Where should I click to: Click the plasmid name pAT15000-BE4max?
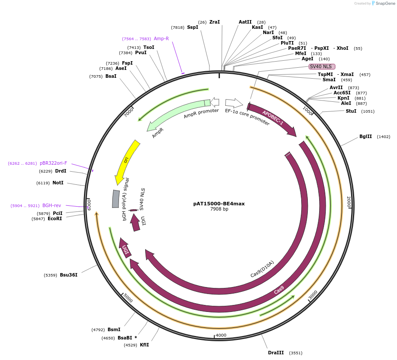(219, 204)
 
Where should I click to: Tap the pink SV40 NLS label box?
(322, 66)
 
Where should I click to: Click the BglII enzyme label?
(366, 136)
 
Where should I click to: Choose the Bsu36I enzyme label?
(69, 275)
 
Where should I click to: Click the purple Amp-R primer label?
(161, 38)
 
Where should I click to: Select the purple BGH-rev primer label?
(52, 205)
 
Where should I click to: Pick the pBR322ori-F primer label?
(53, 163)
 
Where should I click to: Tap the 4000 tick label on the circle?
(221, 335)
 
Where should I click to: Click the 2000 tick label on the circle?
(348, 202)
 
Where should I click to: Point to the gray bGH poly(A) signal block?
(116, 199)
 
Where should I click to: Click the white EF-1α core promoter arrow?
(234, 103)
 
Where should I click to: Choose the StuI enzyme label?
(351, 111)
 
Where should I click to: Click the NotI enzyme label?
(58, 183)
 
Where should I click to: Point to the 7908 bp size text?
(219, 209)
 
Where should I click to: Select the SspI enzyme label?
(192, 27)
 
